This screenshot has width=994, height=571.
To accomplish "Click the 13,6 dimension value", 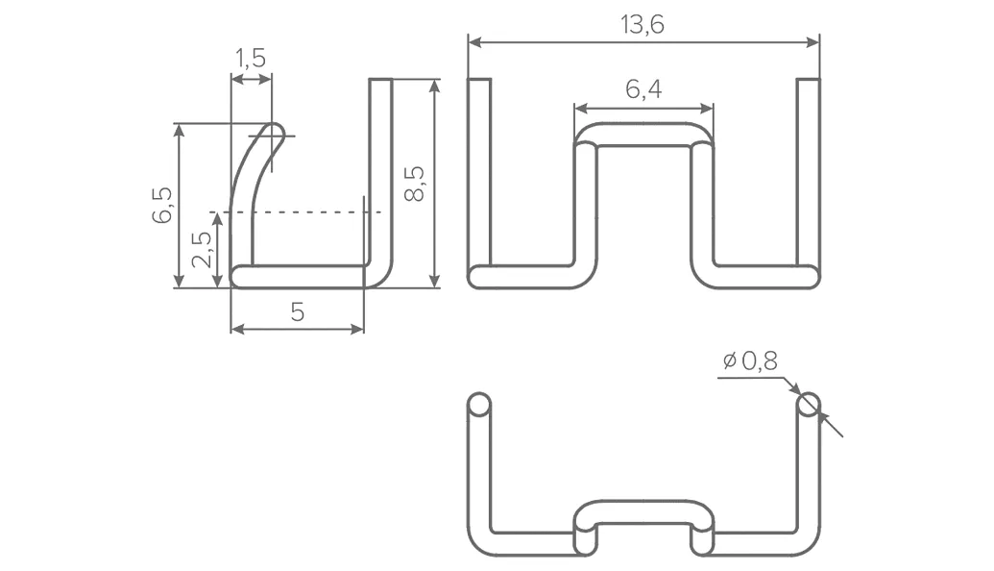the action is [642, 25].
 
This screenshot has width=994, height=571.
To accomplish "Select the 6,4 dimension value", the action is [643, 89].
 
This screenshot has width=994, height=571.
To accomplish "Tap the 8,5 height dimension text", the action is [415, 184].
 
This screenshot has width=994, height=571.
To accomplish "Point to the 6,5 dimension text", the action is [162, 205].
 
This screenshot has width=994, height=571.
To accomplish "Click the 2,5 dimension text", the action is [202, 249].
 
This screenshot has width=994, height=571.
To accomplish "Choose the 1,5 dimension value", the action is [251, 59].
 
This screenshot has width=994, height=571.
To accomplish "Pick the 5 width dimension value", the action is [298, 312].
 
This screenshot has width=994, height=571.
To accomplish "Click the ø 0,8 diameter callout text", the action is [750, 361].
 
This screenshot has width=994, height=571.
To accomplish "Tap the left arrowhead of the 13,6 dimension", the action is [474, 42].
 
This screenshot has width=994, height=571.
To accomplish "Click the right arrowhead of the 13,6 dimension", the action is [812, 42].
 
